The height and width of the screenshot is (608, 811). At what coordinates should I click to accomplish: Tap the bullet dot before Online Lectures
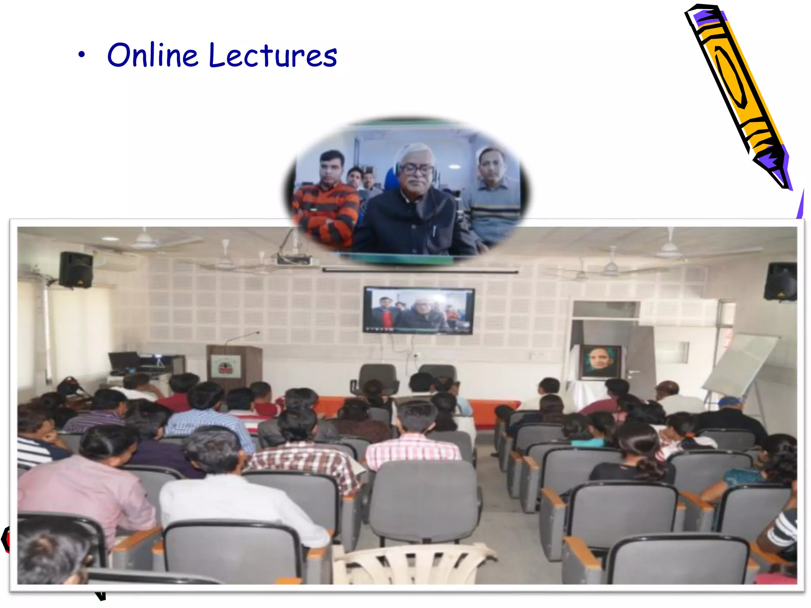[x=81, y=55]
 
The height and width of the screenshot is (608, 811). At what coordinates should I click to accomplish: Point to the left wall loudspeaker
[x=76, y=270]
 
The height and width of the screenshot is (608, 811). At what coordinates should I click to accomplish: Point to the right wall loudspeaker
[x=780, y=281]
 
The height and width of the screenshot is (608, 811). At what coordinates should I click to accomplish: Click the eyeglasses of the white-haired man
[x=417, y=169]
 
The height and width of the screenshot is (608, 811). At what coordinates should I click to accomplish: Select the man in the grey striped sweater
[x=493, y=198]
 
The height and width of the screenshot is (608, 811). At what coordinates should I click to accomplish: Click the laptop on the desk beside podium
[x=124, y=361]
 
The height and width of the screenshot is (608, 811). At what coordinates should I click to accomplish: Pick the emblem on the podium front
[x=225, y=367]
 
